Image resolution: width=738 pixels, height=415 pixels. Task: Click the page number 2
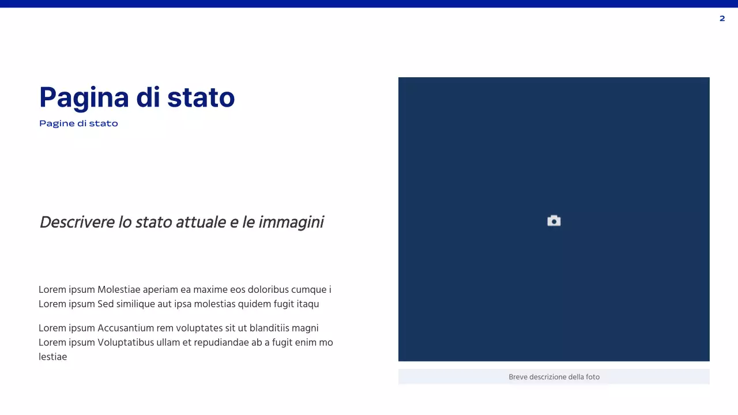pos(722,18)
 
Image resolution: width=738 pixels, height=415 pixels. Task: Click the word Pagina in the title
pos(84,97)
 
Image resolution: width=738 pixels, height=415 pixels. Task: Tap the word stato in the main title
pos(201,97)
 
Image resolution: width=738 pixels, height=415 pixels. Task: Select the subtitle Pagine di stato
pos(78,123)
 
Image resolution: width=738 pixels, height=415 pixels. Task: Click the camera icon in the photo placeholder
pos(553,221)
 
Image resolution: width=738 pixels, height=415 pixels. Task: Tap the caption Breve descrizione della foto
pos(553,377)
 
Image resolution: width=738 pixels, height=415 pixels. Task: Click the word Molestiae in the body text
pos(119,290)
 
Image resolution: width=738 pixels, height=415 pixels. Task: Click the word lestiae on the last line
pos(52,357)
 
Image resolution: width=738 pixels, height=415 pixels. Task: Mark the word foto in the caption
pos(592,377)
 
